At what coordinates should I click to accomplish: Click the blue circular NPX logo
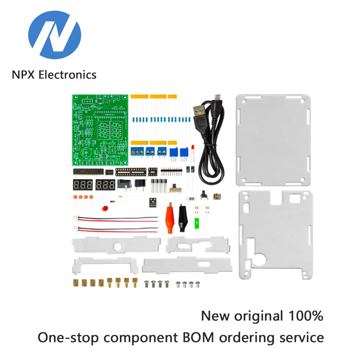pos(54,35)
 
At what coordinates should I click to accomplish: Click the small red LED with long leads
pos(193,149)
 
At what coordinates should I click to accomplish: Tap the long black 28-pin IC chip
pos(88,172)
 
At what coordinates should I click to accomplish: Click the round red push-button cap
pos(105,209)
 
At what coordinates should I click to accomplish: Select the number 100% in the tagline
pos(306,316)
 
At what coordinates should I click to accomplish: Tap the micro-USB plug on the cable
pos(217,97)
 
